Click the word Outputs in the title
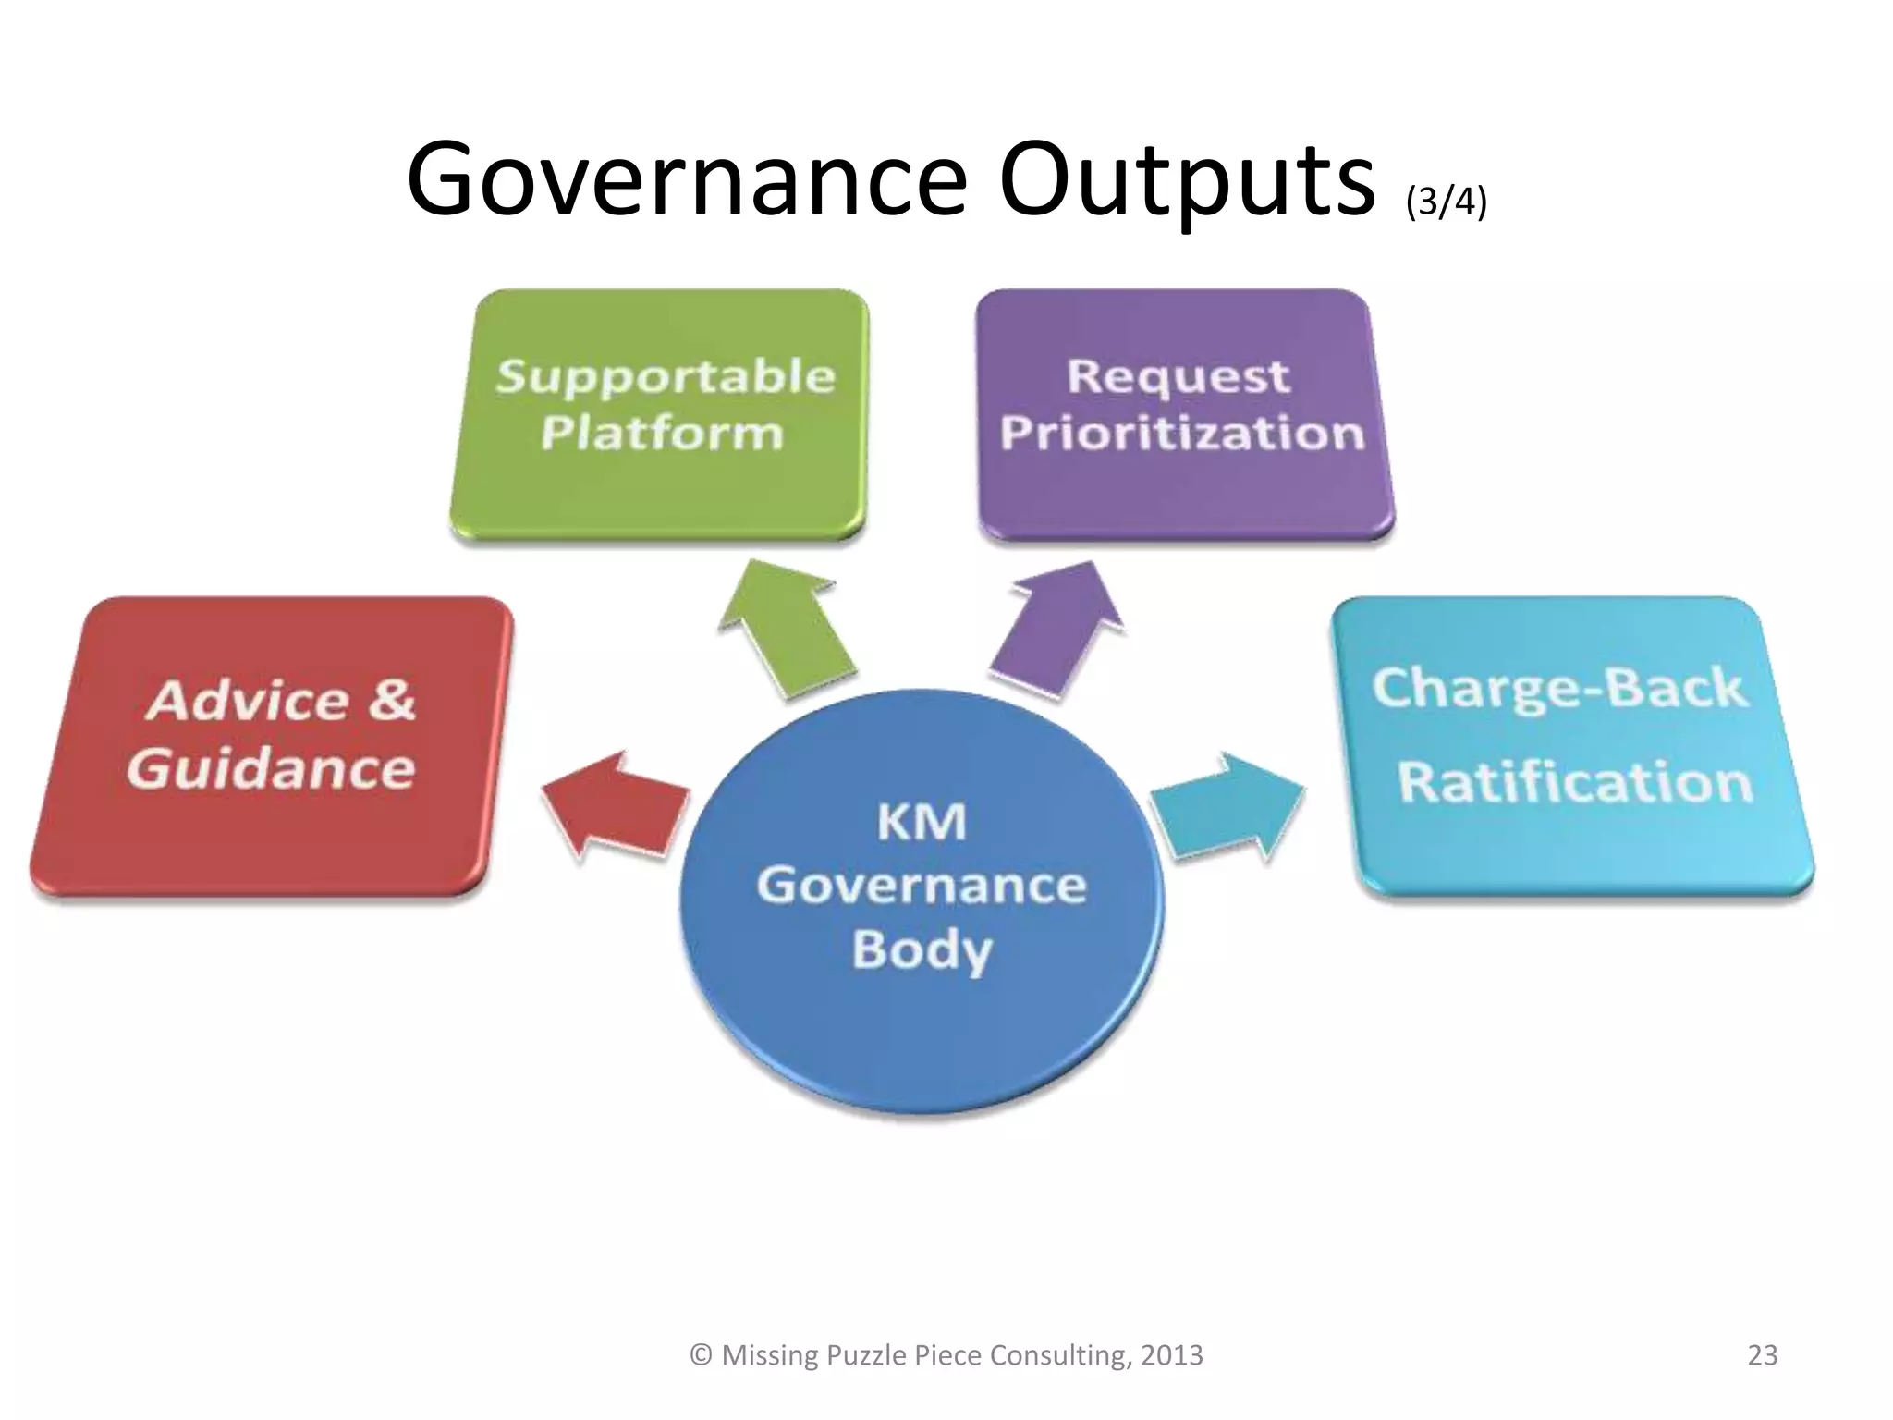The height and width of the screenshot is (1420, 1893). click(1187, 180)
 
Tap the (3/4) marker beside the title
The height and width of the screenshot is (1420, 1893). click(1446, 201)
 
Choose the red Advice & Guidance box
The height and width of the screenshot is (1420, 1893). click(272, 744)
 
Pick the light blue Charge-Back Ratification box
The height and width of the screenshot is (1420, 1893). click(1571, 744)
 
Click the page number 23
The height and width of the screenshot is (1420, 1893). click(1762, 1355)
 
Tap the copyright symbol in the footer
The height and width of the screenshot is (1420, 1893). click(702, 1355)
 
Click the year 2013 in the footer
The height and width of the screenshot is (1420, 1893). click(1171, 1355)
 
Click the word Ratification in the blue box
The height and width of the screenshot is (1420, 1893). click(1574, 782)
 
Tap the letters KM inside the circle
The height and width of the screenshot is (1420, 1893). click(921, 821)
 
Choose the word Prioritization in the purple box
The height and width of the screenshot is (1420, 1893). click(1181, 433)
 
